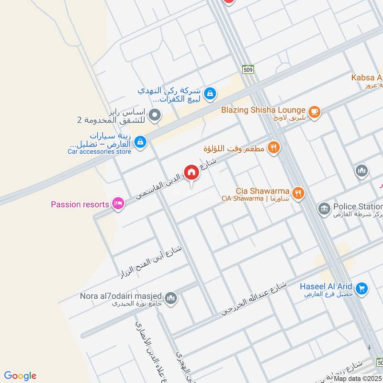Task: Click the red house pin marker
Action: [x=191, y=173]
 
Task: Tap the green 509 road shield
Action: [x=248, y=69]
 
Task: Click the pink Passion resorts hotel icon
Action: [x=118, y=204]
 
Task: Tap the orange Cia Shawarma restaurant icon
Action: [x=298, y=193]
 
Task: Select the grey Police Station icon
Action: [x=325, y=208]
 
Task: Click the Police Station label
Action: [x=357, y=206]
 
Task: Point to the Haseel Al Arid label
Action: [x=326, y=286]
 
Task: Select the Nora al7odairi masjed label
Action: [x=121, y=296]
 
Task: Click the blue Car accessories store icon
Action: [x=140, y=142]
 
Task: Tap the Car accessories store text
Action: [x=99, y=152]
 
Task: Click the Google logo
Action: [x=20, y=376]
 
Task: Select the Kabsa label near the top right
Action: [x=367, y=78]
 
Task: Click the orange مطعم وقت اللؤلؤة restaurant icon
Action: [x=273, y=148]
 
